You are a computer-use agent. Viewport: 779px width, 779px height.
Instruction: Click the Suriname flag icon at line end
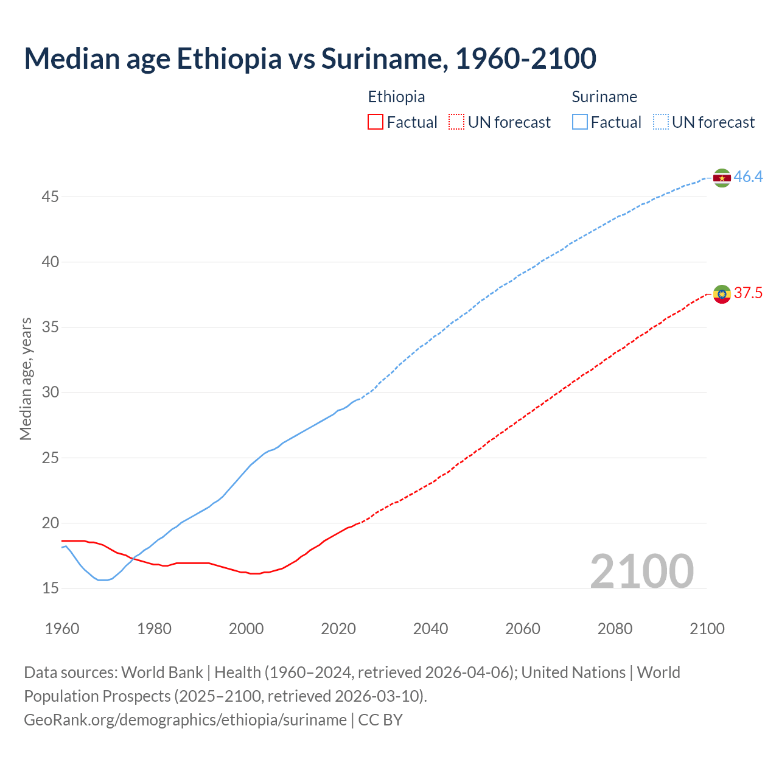(722, 178)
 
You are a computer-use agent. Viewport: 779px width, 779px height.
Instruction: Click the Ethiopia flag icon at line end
(722, 294)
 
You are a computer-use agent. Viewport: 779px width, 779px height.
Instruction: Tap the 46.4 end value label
(748, 177)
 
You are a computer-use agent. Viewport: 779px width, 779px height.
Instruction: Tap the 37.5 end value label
(748, 293)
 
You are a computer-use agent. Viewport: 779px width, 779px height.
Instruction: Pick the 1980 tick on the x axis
(154, 629)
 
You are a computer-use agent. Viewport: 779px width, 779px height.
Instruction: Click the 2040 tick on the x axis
(430, 629)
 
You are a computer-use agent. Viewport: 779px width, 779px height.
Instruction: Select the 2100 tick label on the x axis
(707, 629)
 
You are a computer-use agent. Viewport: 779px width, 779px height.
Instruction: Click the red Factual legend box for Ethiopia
(376, 122)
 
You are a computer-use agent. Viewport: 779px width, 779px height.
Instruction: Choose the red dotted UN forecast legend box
(456, 122)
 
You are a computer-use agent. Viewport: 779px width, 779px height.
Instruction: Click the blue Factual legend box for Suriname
(580, 122)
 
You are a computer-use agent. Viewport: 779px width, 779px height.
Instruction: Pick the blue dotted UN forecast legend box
(660, 122)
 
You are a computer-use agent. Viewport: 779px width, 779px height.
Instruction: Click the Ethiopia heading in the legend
(396, 97)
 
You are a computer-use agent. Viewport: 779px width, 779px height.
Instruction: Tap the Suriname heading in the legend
(604, 97)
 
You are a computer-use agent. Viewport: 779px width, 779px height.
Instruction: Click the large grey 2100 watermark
(641, 571)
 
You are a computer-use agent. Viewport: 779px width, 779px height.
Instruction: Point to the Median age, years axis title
(26, 379)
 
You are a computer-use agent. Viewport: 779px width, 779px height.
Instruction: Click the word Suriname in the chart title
(381, 58)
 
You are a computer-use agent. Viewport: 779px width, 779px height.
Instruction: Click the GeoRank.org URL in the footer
(185, 720)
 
